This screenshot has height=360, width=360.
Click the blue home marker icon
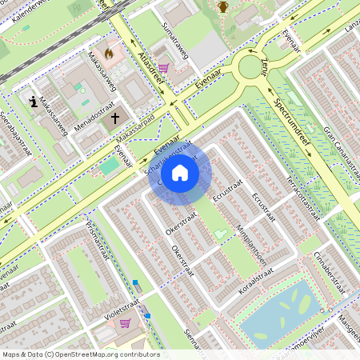(180, 173)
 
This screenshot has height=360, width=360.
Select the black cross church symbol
(115, 118)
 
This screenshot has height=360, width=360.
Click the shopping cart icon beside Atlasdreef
(163, 69)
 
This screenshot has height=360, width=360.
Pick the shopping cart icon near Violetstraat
(125, 323)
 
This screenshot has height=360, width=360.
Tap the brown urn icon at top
(223, 7)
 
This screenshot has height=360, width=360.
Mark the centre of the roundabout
(254, 70)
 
